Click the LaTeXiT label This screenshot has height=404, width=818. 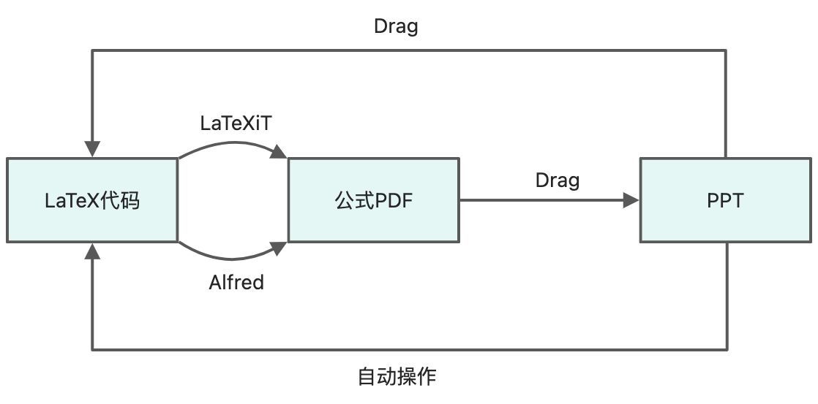[x=236, y=123]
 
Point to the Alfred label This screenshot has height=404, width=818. [x=236, y=282]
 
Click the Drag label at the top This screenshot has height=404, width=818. [x=396, y=26]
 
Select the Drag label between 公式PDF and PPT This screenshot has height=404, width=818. [x=557, y=180]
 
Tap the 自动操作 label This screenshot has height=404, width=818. [x=397, y=377]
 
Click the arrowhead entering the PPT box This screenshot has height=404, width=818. [x=631, y=199]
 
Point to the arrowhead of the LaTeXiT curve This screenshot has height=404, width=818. [x=279, y=152]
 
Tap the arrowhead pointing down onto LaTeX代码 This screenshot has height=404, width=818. [x=92, y=149]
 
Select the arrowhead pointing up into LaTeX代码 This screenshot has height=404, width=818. [x=92, y=251]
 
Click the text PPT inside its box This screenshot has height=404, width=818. [x=726, y=200]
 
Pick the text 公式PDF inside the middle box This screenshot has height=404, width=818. [x=373, y=200]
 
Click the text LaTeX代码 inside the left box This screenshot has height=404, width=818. [x=92, y=200]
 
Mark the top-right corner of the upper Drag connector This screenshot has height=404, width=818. [x=726, y=50]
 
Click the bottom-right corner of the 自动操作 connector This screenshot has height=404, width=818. [x=726, y=349]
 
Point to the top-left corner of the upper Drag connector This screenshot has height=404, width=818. [x=92, y=50]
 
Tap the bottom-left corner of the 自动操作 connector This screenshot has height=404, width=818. [x=92, y=349]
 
